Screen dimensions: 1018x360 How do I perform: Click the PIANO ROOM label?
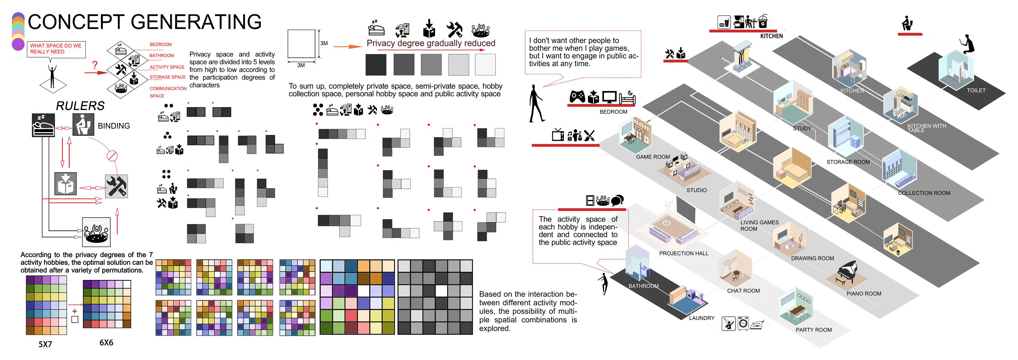(864, 294)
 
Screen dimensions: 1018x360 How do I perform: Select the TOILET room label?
(976, 91)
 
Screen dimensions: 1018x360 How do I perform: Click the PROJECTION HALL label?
(684, 253)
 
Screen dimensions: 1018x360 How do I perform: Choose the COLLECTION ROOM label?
(924, 193)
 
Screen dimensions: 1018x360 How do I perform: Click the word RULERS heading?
(80, 106)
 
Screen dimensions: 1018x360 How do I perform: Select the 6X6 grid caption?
(106, 343)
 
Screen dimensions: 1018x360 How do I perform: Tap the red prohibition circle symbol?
(112, 156)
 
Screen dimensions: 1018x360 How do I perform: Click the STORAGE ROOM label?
(848, 162)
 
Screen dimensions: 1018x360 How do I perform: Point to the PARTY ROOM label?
(814, 330)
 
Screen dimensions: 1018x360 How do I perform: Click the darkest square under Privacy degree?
(376, 64)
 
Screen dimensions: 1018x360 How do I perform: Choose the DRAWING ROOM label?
(813, 258)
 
